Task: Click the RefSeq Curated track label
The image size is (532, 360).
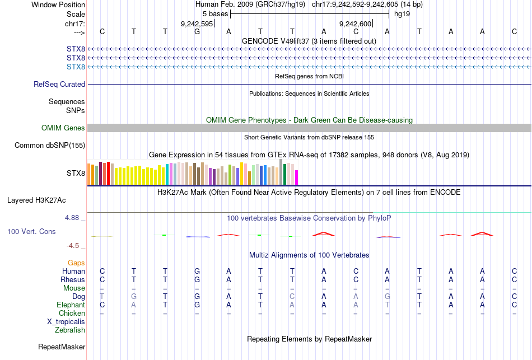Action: [x=59, y=84]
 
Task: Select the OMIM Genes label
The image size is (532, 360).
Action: [x=63, y=128]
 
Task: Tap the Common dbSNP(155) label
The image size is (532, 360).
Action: [x=50, y=146]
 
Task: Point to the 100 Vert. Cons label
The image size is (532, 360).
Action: [x=31, y=231]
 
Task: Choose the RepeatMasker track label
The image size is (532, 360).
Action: [x=62, y=347]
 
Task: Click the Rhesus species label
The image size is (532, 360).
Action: [x=73, y=279]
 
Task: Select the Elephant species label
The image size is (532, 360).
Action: [x=71, y=305]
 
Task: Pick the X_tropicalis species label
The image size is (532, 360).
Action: [x=66, y=321]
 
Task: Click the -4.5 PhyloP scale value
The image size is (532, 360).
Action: [x=75, y=245]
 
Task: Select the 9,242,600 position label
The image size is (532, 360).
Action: [x=356, y=24]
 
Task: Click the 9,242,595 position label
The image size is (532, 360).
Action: [x=197, y=24]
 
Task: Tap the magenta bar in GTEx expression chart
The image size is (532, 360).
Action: [x=297, y=177]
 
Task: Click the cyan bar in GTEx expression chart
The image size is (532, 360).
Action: [x=167, y=174]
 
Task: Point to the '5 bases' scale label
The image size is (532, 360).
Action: [x=215, y=13]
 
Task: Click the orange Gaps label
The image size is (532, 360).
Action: [x=76, y=263]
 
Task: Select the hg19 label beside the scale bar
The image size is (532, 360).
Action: [x=402, y=13]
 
